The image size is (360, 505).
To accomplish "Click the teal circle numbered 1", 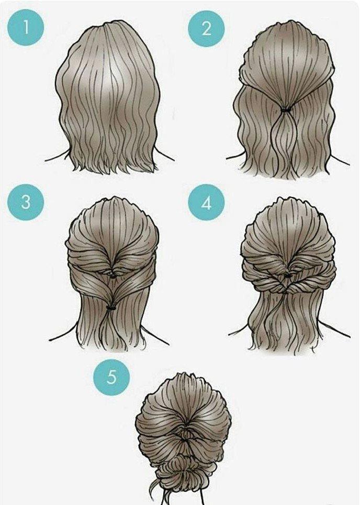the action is point(26,27).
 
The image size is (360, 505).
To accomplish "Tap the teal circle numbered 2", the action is point(206,28).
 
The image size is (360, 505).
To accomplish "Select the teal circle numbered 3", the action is point(26,202).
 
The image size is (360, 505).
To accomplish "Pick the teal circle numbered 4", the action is point(207,202).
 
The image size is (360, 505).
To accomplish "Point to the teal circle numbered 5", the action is point(111,377).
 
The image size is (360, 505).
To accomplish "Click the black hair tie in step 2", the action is point(286,110).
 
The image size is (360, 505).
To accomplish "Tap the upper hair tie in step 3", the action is point(113,276).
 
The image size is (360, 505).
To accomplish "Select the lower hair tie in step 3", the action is point(111,308).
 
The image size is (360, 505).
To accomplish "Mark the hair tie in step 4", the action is point(287,276).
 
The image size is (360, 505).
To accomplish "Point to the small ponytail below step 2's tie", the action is point(285,142).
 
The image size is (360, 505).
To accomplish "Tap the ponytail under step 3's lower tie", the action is point(111,328).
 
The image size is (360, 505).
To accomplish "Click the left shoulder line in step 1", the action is point(57,155).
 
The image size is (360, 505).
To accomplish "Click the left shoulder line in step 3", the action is point(63,335).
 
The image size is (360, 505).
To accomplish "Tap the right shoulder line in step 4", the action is point(340,331).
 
